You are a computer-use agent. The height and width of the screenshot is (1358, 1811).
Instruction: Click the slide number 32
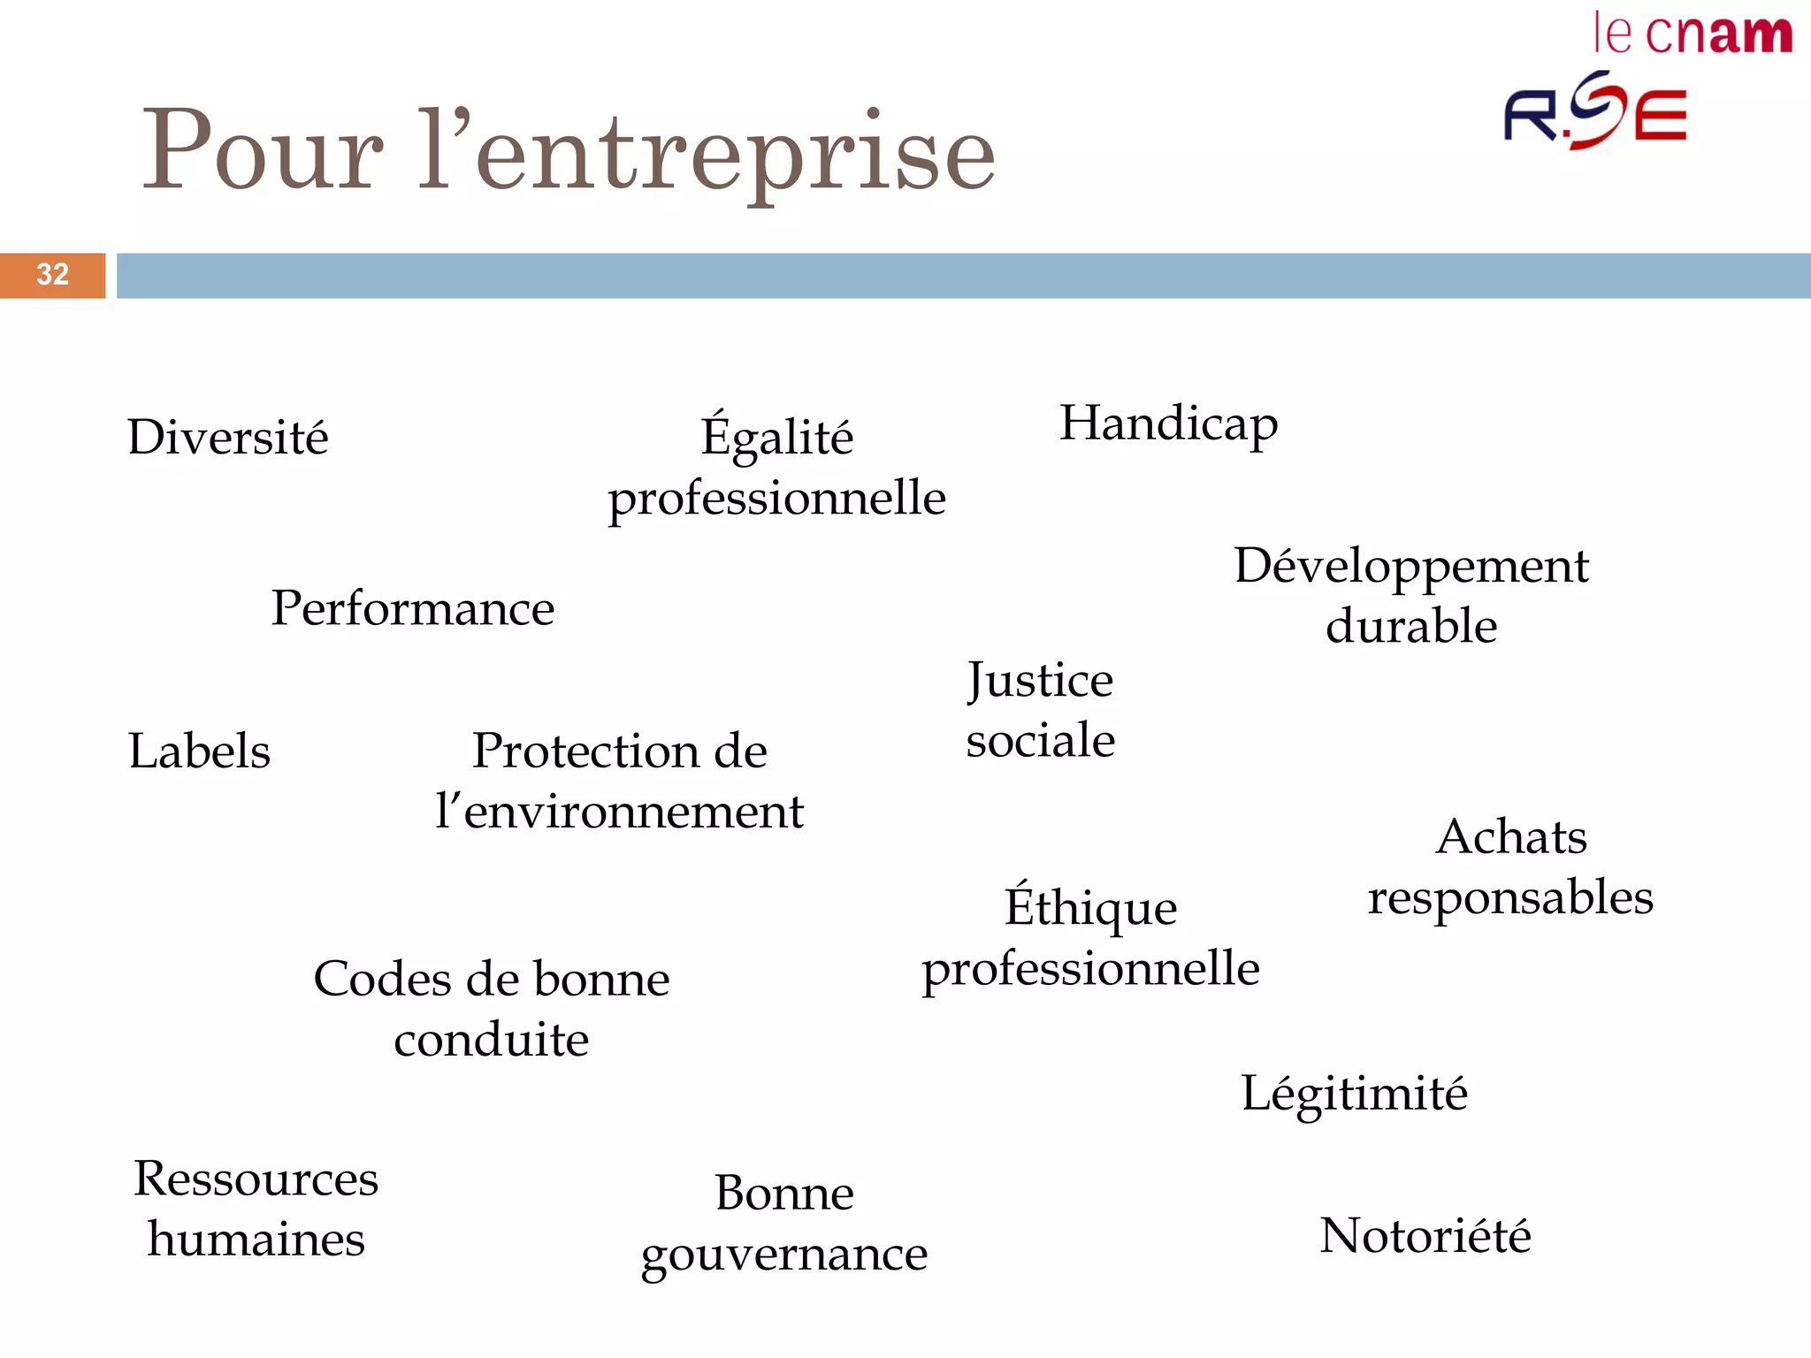[52, 274]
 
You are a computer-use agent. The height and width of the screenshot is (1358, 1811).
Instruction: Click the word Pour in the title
[263, 150]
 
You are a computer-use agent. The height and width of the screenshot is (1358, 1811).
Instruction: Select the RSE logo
[1594, 112]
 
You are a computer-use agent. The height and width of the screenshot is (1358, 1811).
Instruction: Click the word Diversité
[227, 438]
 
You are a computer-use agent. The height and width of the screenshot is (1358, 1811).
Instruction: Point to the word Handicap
[1168, 424]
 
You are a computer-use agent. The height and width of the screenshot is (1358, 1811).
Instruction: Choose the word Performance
[412, 608]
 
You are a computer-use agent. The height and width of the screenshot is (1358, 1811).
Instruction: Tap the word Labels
[199, 751]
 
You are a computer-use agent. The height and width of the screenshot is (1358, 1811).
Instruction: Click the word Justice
[1040, 682]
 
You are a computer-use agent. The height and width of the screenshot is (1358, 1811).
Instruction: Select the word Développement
[1411, 567]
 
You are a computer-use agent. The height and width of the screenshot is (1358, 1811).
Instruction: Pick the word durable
[1411, 626]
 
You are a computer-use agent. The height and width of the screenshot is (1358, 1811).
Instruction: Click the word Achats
[1511, 836]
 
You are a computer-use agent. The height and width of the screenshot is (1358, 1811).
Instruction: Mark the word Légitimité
[1354, 1094]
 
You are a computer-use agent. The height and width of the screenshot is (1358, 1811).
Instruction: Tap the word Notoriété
[1425, 1235]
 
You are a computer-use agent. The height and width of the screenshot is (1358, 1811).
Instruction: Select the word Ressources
[256, 1179]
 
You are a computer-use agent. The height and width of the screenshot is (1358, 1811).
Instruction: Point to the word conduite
[491, 1040]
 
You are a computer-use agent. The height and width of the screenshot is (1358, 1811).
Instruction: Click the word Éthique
[1090, 906]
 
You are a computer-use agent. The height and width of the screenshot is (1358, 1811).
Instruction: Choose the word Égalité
[776, 436]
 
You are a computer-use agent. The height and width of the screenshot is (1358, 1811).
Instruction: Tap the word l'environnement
[619, 812]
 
